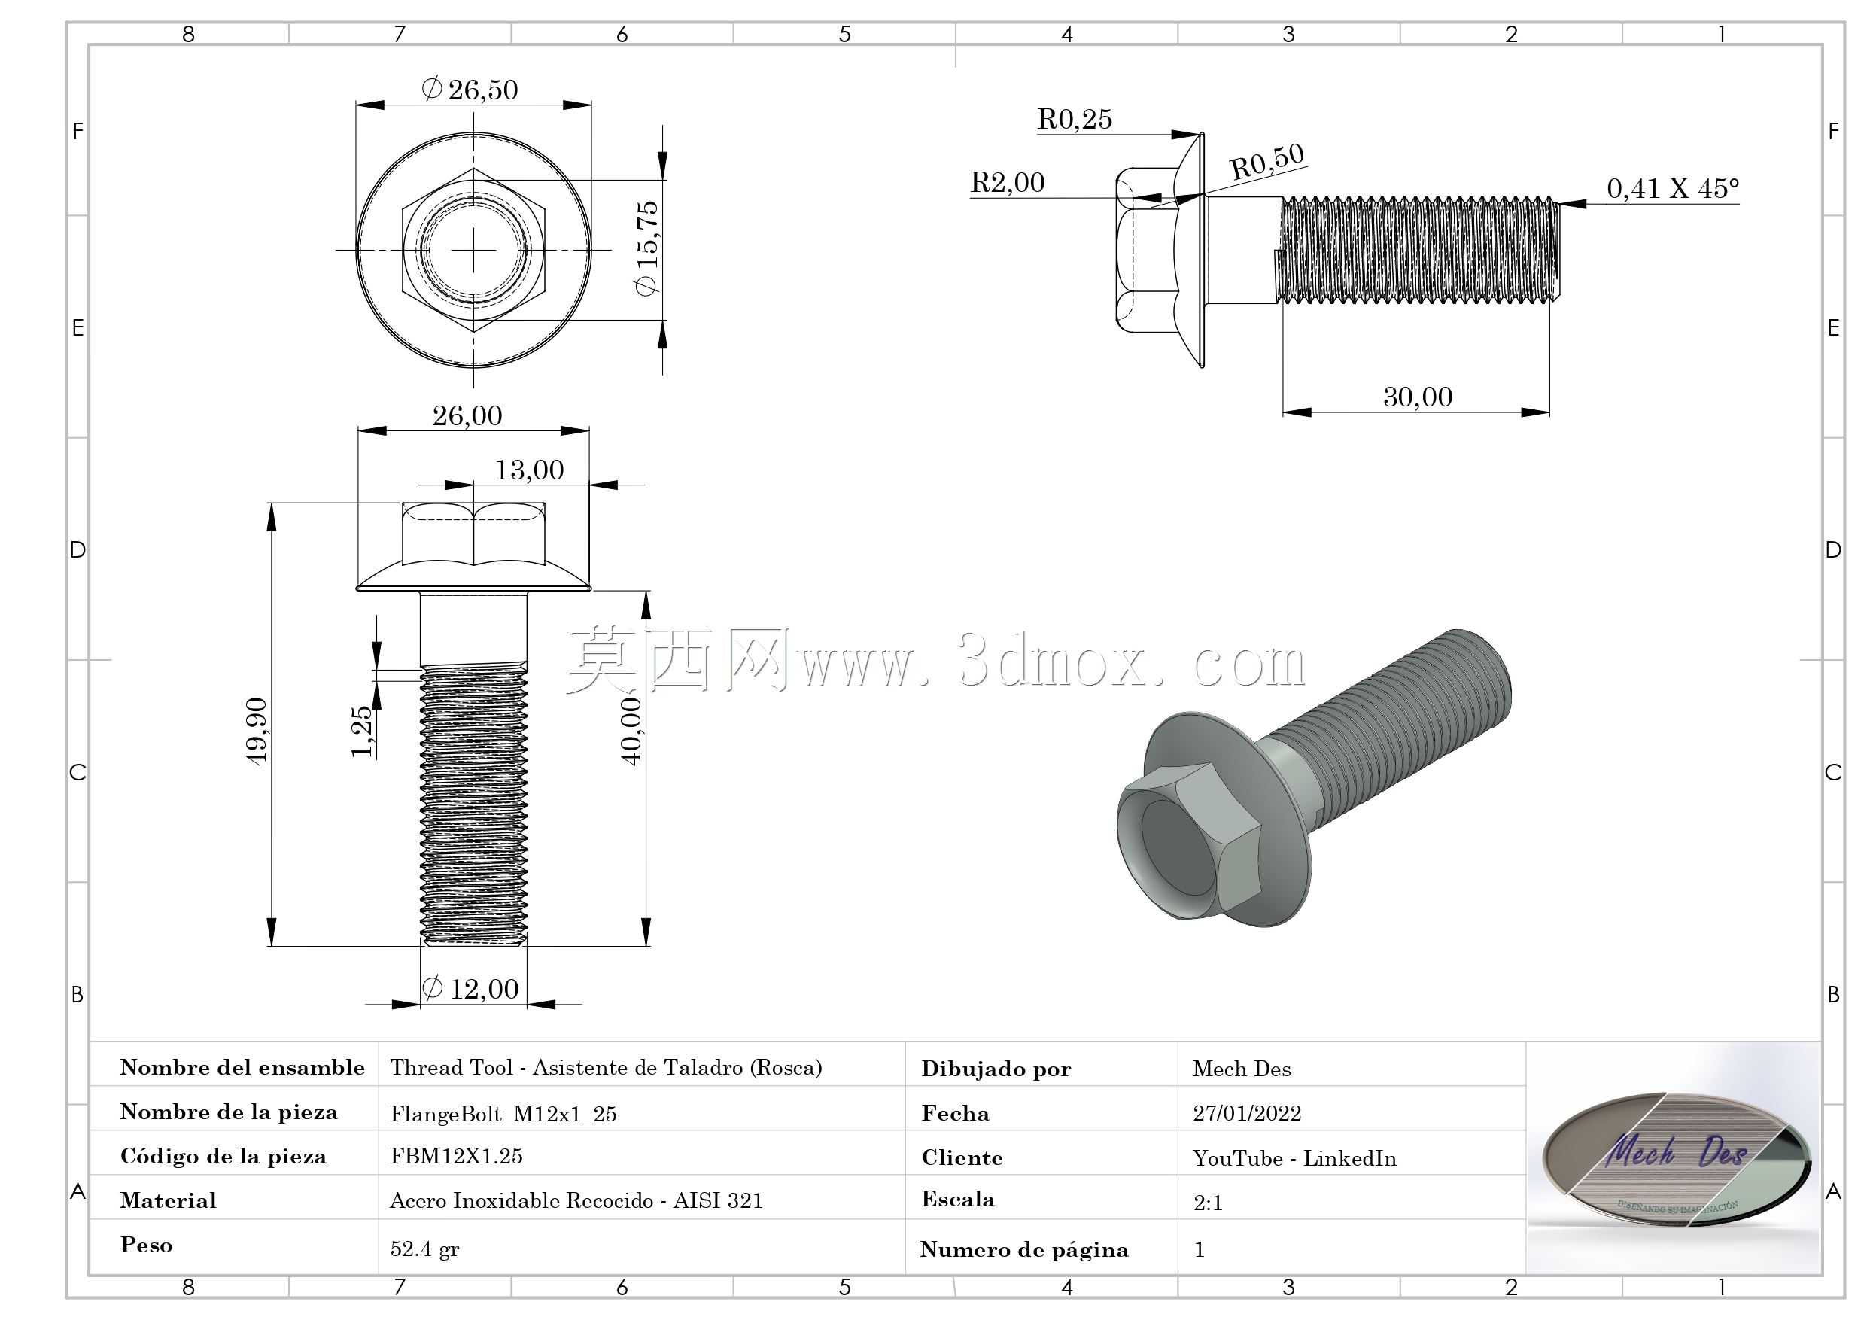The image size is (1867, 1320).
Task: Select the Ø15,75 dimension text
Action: (646, 248)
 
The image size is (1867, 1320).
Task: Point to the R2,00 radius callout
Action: (1008, 182)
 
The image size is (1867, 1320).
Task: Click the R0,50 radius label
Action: (1267, 161)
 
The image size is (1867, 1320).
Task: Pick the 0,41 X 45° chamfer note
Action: (1673, 189)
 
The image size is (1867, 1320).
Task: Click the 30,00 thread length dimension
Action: (1417, 397)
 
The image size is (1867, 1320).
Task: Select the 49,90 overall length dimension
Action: (256, 730)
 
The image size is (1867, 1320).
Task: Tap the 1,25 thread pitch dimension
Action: (362, 731)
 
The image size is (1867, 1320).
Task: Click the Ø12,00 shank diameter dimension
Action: (470, 989)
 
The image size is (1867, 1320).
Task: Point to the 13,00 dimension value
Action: (529, 470)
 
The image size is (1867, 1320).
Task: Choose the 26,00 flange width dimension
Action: (467, 416)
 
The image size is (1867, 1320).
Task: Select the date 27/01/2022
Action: (1247, 1113)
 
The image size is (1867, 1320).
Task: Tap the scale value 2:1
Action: (1208, 1203)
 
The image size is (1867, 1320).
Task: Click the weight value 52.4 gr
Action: (424, 1249)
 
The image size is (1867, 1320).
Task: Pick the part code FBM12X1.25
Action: (456, 1157)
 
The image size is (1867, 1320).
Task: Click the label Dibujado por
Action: (996, 1069)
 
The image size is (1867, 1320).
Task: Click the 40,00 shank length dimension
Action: (631, 730)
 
